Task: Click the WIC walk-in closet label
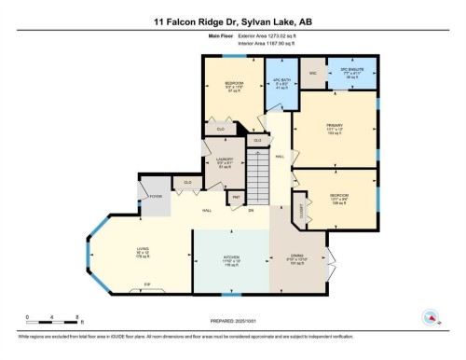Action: click(314, 72)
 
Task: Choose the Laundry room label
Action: click(223, 161)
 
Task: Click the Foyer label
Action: click(155, 197)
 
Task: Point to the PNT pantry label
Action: click(236, 197)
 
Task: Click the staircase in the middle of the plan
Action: click(256, 173)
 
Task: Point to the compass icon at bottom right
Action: click(433, 315)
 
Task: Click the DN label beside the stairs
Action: click(251, 212)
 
